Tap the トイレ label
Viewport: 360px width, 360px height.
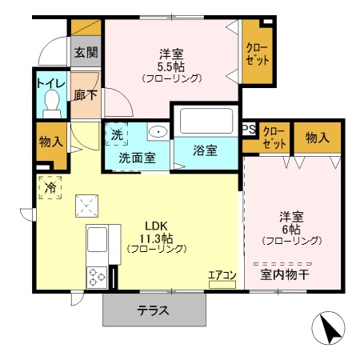[48, 82]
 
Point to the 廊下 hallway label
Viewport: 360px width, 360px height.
[85, 93]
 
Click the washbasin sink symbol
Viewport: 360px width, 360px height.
[158, 132]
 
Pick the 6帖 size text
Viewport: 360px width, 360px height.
[290, 229]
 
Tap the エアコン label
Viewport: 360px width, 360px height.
[222, 276]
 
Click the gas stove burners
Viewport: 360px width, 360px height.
[97, 278]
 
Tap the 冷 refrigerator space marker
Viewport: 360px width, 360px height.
[50, 189]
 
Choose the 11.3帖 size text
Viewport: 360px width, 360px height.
[157, 238]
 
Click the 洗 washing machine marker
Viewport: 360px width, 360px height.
[117, 134]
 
